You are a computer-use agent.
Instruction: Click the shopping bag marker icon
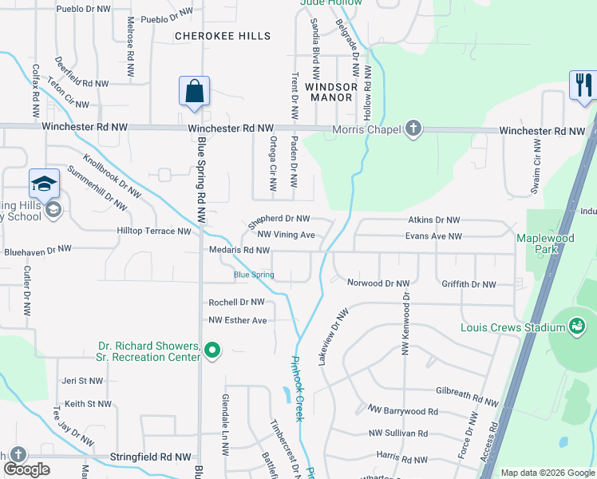click(x=195, y=92)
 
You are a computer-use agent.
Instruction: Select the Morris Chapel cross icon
click(x=413, y=129)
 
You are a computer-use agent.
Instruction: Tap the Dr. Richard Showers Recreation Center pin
click(x=212, y=350)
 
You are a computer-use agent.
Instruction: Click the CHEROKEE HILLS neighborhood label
click(x=223, y=36)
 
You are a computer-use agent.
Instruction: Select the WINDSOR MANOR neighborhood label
click(x=329, y=91)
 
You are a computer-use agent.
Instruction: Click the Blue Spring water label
click(x=254, y=275)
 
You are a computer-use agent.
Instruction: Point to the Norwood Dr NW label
click(x=378, y=283)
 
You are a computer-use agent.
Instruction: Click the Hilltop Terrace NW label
click(x=155, y=232)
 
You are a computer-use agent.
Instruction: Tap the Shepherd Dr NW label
click(x=279, y=218)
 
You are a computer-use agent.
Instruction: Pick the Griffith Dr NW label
click(x=469, y=284)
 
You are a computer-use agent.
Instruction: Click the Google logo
click(x=27, y=469)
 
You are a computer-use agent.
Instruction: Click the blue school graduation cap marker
click(x=44, y=184)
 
